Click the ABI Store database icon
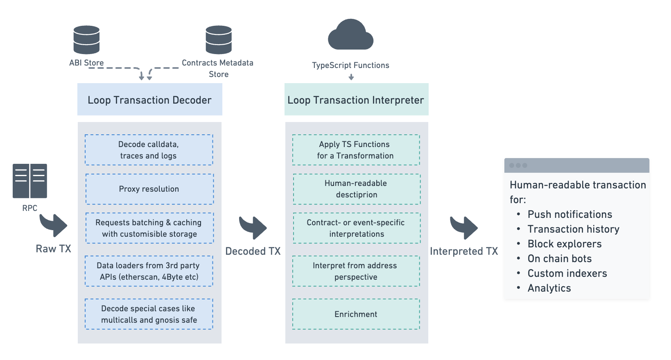(x=86, y=40)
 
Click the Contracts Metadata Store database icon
(x=219, y=40)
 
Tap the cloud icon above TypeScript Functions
(x=350, y=35)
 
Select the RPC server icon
(x=30, y=181)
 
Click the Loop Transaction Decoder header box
(x=149, y=100)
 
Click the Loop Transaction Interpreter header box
(x=356, y=100)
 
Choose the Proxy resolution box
(x=149, y=189)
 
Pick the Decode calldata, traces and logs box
(x=149, y=150)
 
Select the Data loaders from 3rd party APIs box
(x=149, y=271)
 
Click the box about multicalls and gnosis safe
(x=149, y=314)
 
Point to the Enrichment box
(x=356, y=314)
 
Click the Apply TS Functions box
(x=356, y=150)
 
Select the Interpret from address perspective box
(x=356, y=271)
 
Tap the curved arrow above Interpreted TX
(x=464, y=227)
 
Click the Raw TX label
(x=53, y=249)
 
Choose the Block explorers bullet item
(x=564, y=244)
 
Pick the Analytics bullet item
(x=549, y=288)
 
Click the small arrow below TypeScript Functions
(x=351, y=77)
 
